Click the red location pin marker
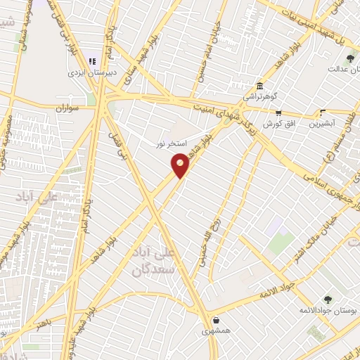pos(181,165)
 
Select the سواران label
pos(63,109)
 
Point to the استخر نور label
pos(172,143)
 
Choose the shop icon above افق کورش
pos(278,112)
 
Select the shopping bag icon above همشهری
pos(215,319)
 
